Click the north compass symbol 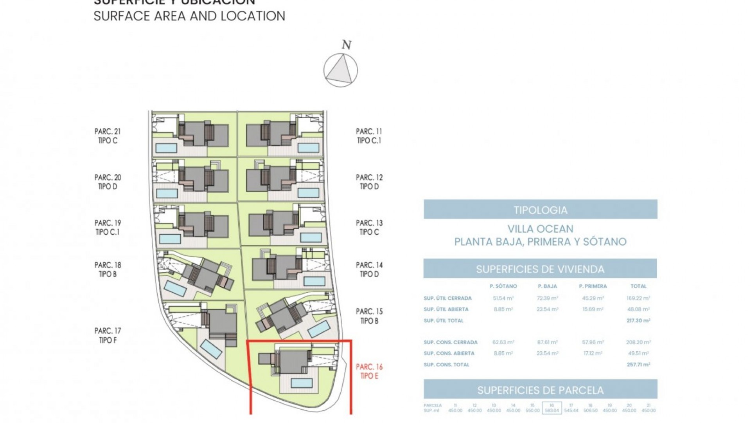pos(340,70)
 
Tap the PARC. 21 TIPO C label pos(108,136)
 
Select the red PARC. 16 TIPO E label pos(369,371)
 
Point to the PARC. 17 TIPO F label pos(108,336)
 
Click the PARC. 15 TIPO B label pos(369,316)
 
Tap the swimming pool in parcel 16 pos(302,382)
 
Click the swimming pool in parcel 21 pos(166,148)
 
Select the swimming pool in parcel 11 pos(308,148)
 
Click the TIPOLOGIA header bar pos(540,210)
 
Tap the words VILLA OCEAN pos(540,229)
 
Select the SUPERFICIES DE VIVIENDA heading pos(540,269)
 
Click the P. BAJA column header pos(547,286)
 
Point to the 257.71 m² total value pos(638,365)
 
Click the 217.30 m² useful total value pos(638,320)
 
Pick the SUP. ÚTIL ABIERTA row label pos(446,309)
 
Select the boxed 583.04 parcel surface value pos(552,408)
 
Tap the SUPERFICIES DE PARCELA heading pos(540,390)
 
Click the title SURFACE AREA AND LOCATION pos(189,16)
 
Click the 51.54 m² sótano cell pos(503,298)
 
